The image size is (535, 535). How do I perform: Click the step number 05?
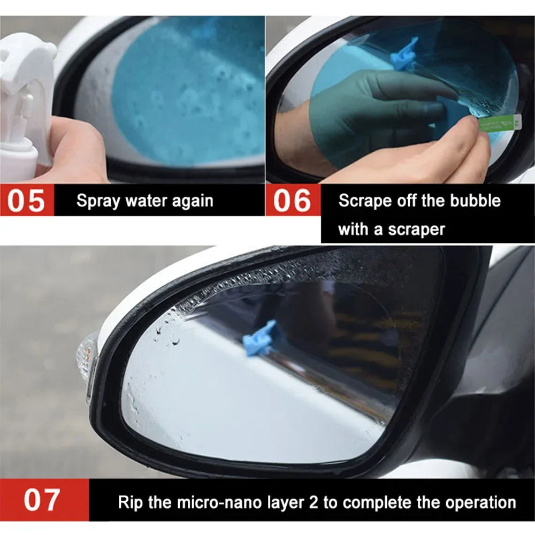click(x=27, y=201)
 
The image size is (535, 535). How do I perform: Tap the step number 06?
click(x=292, y=201)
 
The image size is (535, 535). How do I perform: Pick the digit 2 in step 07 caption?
click(x=322, y=503)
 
